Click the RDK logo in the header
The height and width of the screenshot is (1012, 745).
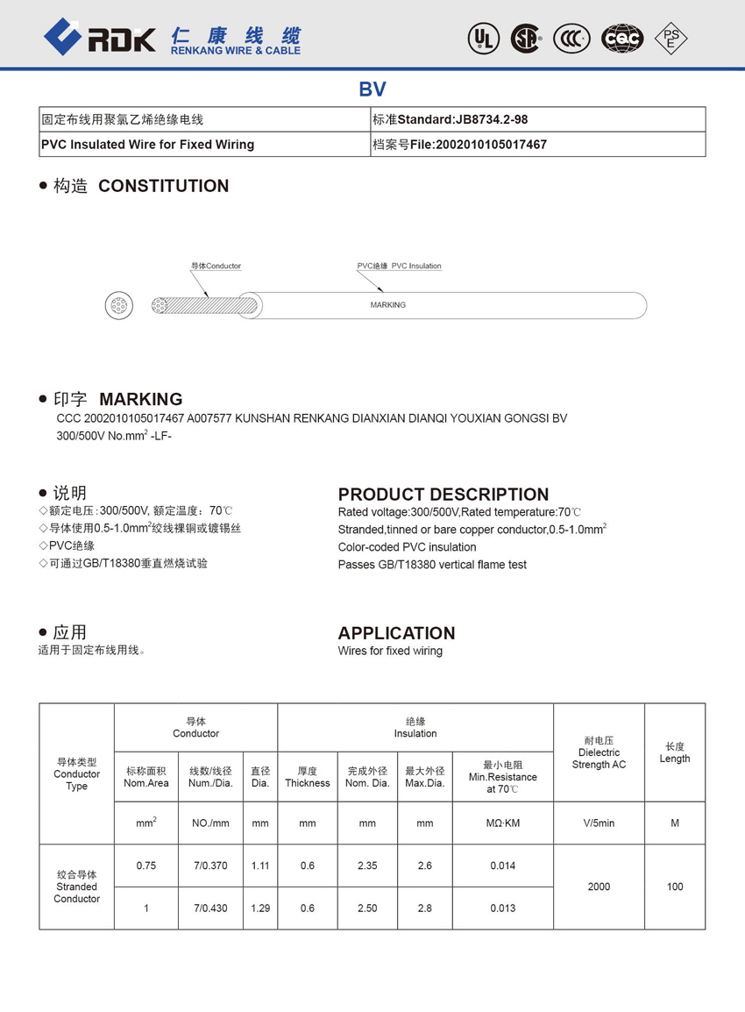click(99, 37)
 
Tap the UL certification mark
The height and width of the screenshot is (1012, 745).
click(483, 38)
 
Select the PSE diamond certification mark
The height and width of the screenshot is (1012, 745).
click(671, 38)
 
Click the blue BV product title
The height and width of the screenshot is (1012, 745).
click(372, 89)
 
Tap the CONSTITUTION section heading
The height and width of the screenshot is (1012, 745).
click(163, 186)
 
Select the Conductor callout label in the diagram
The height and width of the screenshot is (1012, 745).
click(216, 266)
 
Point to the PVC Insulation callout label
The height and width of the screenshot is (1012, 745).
click(399, 266)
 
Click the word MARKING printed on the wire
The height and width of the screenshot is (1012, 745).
click(387, 305)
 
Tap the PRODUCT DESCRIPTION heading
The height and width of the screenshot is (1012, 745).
click(443, 494)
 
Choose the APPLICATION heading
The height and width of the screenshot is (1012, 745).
click(396, 633)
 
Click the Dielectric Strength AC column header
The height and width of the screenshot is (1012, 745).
click(599, 752)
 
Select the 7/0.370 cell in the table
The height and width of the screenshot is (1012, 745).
click(210, 866)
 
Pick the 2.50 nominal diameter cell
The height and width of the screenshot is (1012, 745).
click(367, 908)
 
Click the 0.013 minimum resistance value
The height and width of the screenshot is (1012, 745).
click(502, 908)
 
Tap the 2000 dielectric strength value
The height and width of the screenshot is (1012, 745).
click(599, 887)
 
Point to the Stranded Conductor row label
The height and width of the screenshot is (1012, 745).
click(77, 887)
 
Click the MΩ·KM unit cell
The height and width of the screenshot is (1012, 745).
click(502, 823)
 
